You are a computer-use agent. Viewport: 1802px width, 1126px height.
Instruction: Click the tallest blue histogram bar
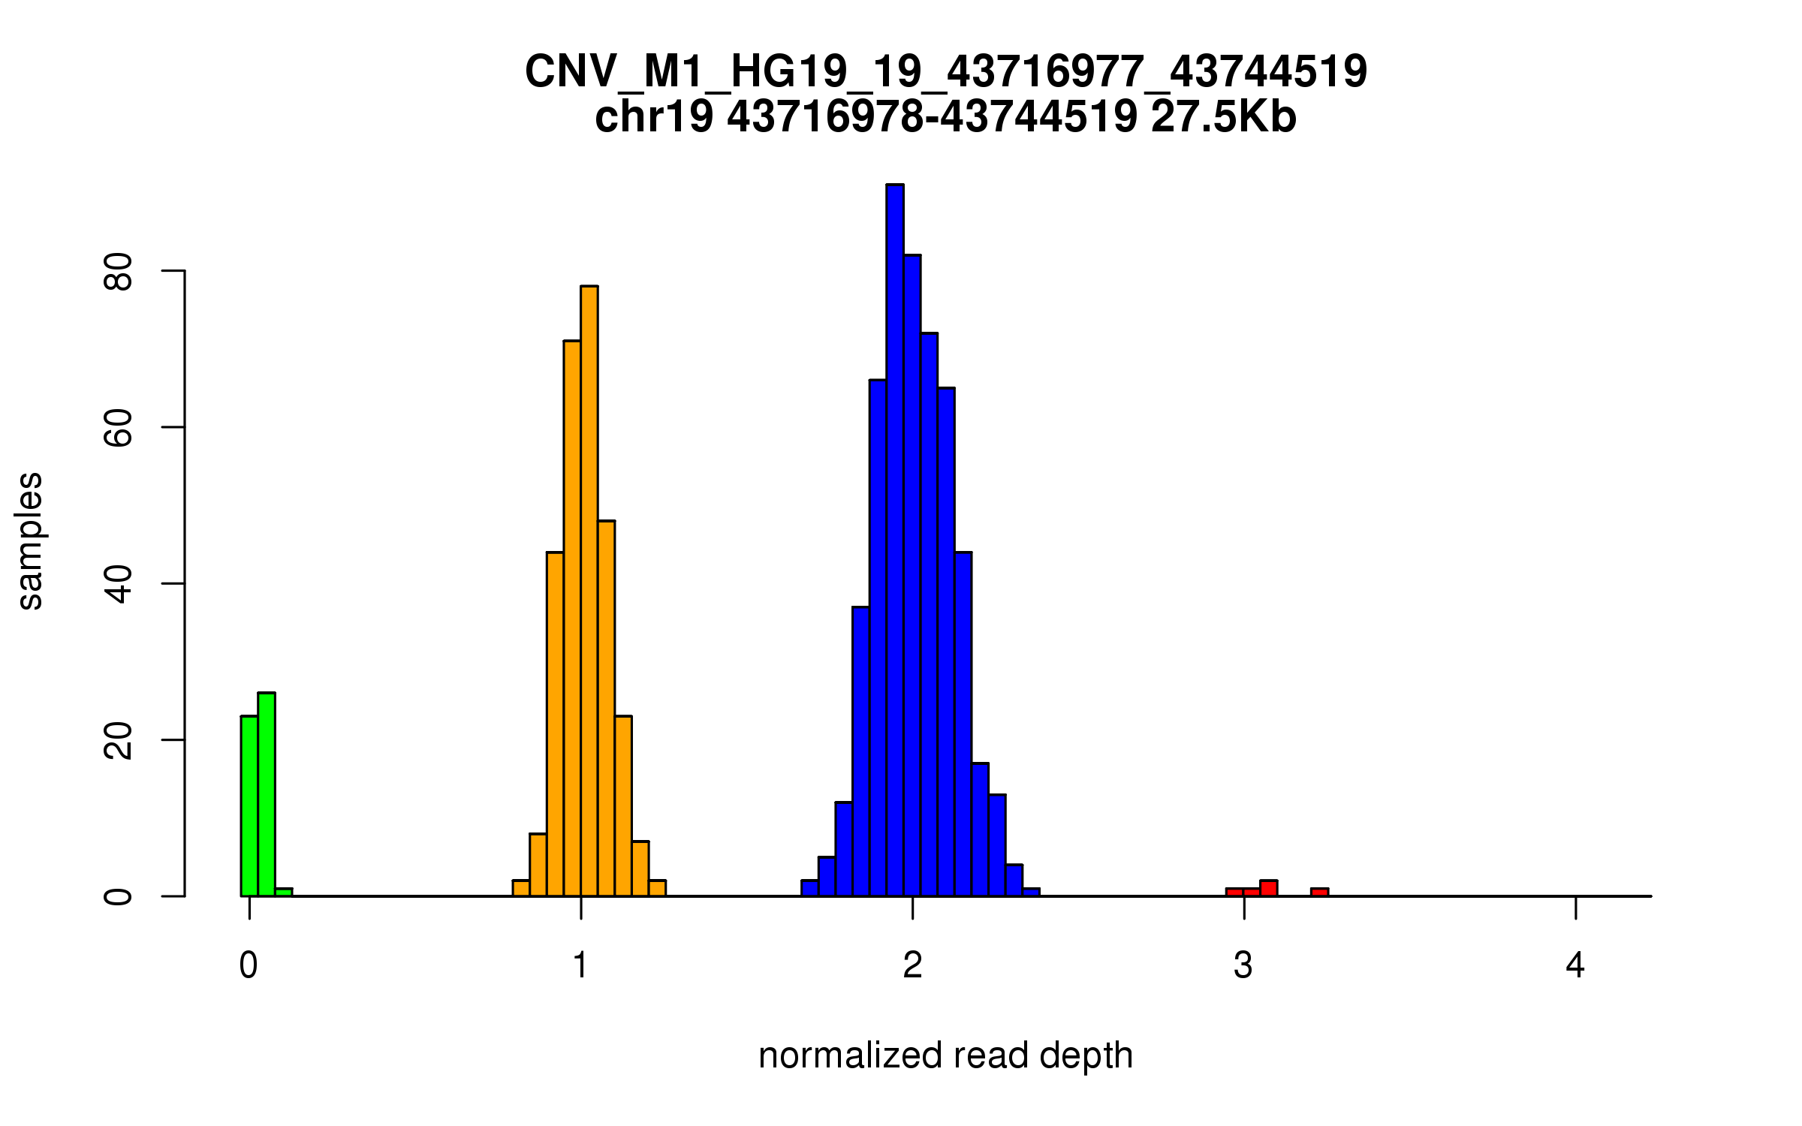[894, 540]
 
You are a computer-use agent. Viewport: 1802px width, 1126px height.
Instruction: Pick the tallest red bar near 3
[1269, 889]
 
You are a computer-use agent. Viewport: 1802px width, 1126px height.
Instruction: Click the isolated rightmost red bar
[1320, 893]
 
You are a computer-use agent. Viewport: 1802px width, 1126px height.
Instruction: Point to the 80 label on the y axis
[119, 271]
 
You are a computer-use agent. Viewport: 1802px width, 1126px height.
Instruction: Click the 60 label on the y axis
[119, 427]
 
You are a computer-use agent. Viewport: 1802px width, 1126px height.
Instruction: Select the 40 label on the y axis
[119, 583]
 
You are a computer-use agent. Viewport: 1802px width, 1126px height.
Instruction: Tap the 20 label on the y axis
[119, 740]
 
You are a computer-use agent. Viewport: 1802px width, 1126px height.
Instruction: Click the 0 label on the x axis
[249, 965]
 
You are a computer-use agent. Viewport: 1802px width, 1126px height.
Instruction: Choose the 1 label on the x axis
[580, 965]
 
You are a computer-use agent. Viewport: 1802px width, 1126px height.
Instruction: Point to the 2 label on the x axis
[912, 965]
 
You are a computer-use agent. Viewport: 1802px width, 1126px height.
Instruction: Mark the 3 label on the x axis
[1243, 965]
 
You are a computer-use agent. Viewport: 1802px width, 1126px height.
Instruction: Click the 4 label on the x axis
[1575, 965]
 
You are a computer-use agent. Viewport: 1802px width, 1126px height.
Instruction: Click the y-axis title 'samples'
[30, 541]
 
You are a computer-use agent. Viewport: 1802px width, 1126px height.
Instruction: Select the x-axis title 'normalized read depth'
[945, 1055]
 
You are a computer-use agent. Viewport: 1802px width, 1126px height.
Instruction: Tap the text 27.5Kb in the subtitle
[1223, 117]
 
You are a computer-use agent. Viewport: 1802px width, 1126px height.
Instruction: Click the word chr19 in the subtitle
[654, 117]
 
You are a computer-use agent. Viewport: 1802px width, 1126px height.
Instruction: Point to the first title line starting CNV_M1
[945, 72]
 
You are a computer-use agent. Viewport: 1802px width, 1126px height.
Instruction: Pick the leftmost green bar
[249, 806]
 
